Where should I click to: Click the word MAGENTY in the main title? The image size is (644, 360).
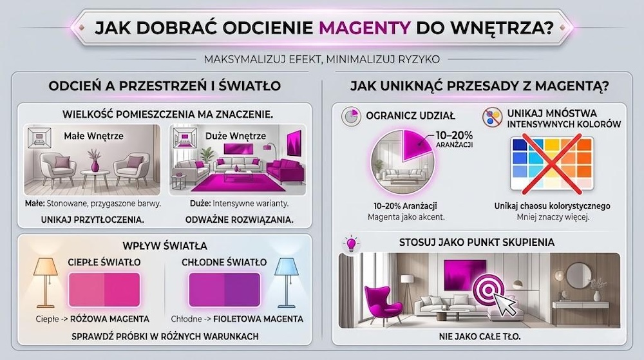pyautogui.click(x=365, y=28)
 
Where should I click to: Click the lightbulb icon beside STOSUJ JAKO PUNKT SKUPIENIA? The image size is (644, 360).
pyautogui.click(x=352, y=244)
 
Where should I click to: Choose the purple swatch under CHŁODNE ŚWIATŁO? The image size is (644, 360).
pyautogui.click(x=223, y=289)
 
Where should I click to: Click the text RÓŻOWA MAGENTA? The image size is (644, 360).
pyautogui.click(x=113, y=319)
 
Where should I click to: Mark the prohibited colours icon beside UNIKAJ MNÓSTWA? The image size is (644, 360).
pyautogui.click(x=493, y=117)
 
